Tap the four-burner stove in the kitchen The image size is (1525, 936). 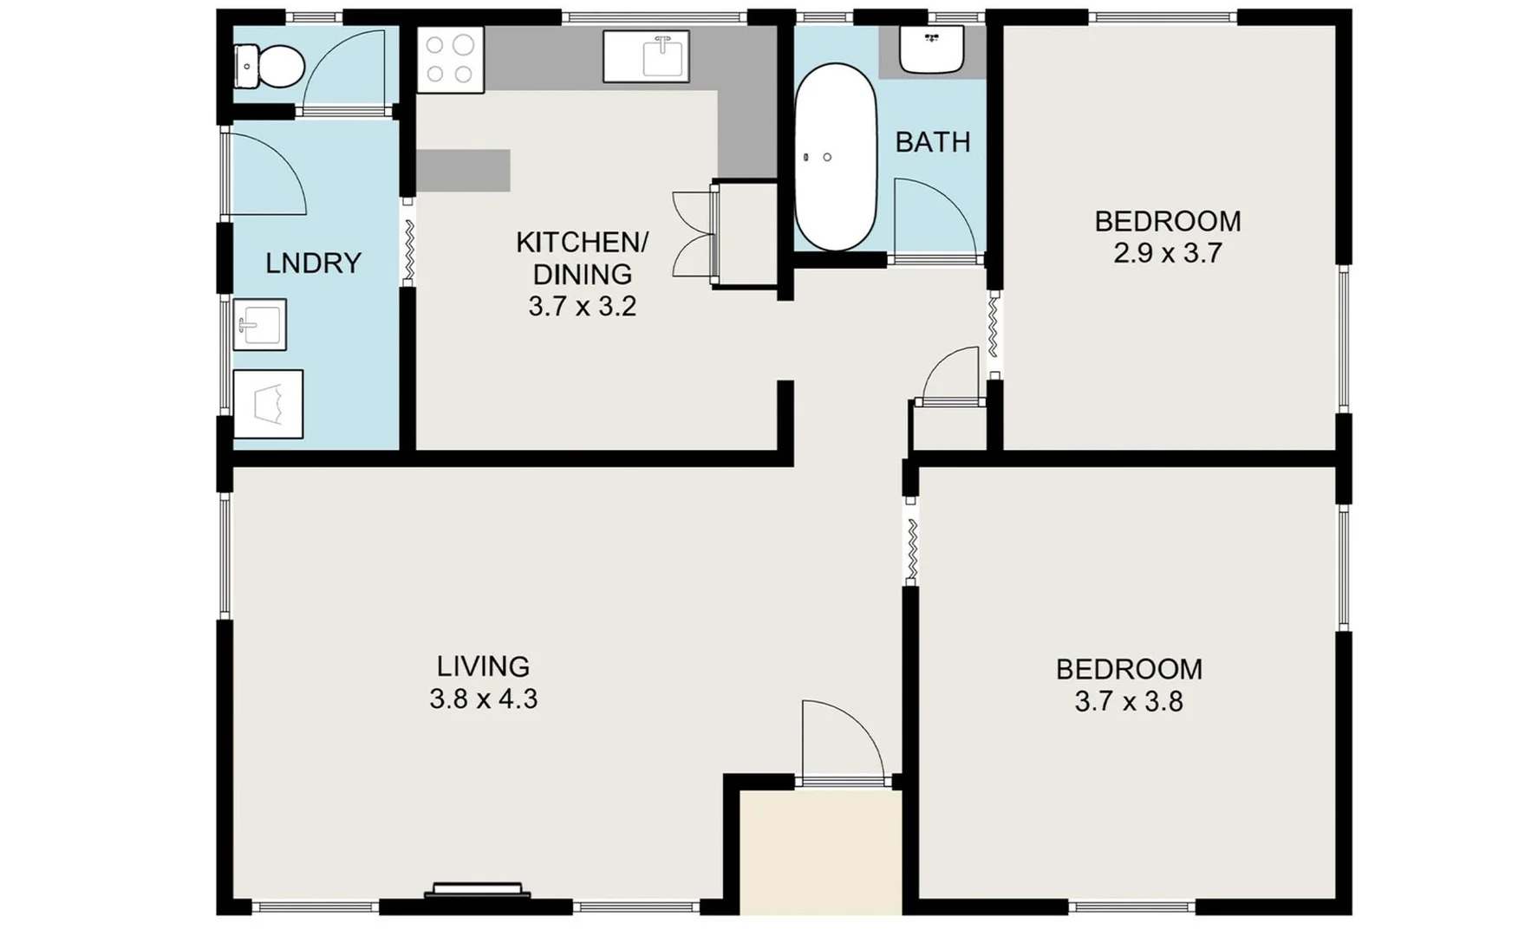450,59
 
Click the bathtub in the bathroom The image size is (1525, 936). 835,157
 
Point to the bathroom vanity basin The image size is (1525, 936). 932,49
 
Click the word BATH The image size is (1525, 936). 932,142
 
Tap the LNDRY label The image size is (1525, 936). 313,263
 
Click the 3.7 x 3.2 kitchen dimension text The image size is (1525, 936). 582,306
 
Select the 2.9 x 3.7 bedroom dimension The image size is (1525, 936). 1167,253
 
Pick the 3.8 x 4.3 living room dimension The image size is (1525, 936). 483,699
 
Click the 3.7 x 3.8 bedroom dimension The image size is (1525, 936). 1128,701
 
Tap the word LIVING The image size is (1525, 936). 483,666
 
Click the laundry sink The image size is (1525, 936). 260,325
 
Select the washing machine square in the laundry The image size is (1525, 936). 268,404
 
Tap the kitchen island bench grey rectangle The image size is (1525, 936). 463,171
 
